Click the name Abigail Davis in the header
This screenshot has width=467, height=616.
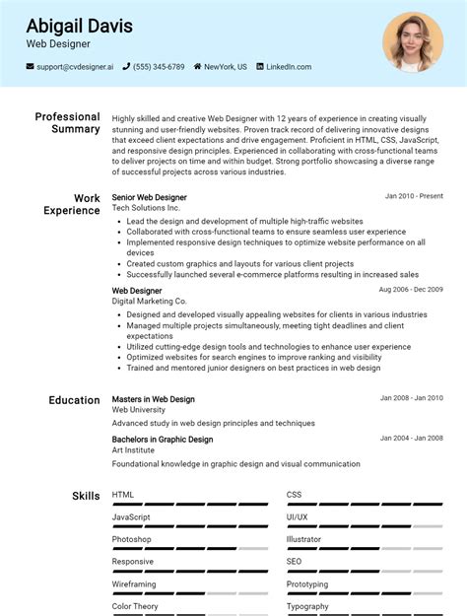coord(80,26)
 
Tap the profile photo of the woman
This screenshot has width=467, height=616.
coord(413,41)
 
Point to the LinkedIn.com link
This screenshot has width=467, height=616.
coord(289,67)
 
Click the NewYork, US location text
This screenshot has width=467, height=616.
coord(226,67)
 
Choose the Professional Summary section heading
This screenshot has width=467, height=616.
coord(67,123)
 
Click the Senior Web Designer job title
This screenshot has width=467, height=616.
coord(149,197)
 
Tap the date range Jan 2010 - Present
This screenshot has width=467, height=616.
coord(414,196)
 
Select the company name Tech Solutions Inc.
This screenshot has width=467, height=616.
coord(146,209)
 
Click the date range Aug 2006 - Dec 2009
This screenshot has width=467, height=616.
coord(411,291)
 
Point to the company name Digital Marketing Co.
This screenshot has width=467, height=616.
coord(149,302)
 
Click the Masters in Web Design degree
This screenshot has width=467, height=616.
coord(153,399)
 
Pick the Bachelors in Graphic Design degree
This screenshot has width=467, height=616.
coord(162,440)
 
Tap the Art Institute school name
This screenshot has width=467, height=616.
coord(133,450)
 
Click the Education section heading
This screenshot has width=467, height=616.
coord(74,400)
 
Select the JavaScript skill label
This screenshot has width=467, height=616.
coord(131,517)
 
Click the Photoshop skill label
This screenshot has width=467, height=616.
coord(131,539)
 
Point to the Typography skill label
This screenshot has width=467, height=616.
coord(307,606)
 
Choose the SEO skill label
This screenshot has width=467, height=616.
coord(294,562)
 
